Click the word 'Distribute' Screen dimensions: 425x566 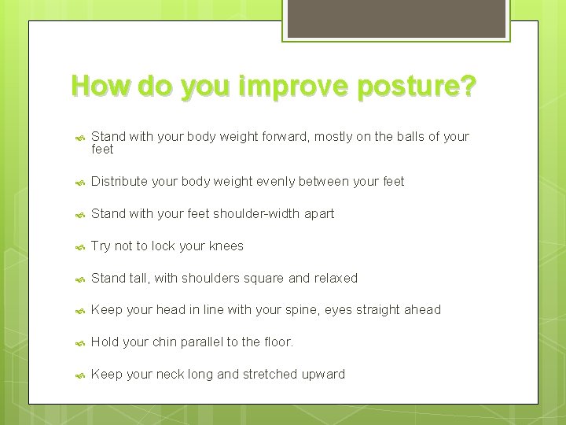119,181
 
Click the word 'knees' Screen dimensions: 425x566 226,246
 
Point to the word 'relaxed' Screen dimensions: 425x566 336,278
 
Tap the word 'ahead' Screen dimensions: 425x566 423,310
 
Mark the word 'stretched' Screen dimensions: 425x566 261,375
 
